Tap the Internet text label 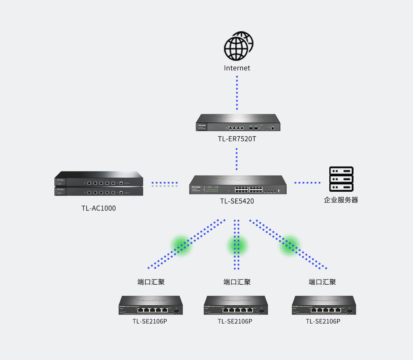237,68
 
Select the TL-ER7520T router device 238,123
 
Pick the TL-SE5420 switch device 238,185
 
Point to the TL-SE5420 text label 237,201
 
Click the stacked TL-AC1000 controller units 98,183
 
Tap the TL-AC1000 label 98,208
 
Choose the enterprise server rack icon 341,179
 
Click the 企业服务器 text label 341,200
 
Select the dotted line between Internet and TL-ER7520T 237,93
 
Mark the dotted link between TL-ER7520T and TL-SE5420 237,159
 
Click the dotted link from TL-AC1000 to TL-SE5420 164,184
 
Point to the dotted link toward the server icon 307,183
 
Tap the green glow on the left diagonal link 181,245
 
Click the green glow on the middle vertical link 237,245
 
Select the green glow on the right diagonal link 290,245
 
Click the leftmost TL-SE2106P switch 151,305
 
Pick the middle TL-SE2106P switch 236,305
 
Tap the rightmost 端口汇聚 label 322,282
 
